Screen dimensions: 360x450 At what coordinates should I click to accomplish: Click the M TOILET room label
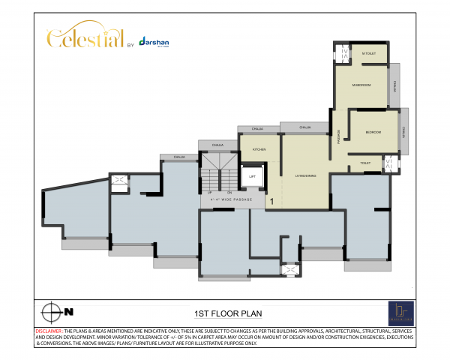pyautogui.click(x=368, y=53)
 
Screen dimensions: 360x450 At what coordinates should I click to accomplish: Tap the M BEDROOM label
pyautogui.click(x=361, y=85)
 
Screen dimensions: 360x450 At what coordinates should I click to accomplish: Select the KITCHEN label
pyautogui.click(x=259, y=149)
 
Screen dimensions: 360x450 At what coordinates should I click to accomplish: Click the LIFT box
pyautogui.click(x=252, y=176)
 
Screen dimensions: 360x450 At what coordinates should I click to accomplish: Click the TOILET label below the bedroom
pyautogui.click(x=365, y=162)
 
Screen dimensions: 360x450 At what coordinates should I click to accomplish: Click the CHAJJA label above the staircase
pyautogui.click(x=217, y=144)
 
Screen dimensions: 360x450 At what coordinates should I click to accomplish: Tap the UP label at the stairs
pyautogui.click(x=208, y=193)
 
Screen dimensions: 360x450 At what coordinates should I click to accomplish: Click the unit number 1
pyautogui.click(x=271, y=201)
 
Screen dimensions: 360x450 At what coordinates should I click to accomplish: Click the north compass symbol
pyautogui.click(x=53, y=311)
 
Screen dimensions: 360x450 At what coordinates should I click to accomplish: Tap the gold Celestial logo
pyautogui.click(x=82, y=38)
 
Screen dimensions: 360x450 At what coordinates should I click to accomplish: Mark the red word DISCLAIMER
pyautogui.click(x=48, y=331)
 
